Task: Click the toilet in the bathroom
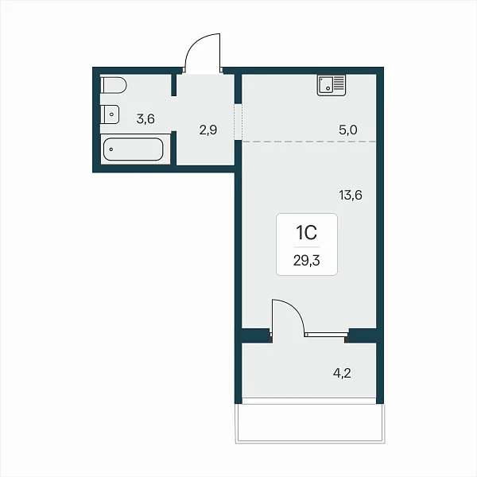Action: coord(113,85)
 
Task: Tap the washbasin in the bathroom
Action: coord(110,114)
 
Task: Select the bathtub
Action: coord(134,149)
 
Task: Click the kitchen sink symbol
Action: coord(332,86)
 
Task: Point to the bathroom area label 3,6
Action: coord(145,118)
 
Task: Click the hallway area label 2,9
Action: coord(208,130)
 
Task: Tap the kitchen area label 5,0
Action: coord(348,130)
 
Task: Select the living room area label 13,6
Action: coord(351,195)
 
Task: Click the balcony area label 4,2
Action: coord(342,373)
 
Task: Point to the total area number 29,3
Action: coord(307,261)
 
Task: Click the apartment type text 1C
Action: coord(307,233)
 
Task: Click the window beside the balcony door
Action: coord(327,335)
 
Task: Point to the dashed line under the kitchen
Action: coord(309,142)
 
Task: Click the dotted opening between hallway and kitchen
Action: coord(238,122)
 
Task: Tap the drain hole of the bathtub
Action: coord(111,149)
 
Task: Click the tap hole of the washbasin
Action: coord(112,114)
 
